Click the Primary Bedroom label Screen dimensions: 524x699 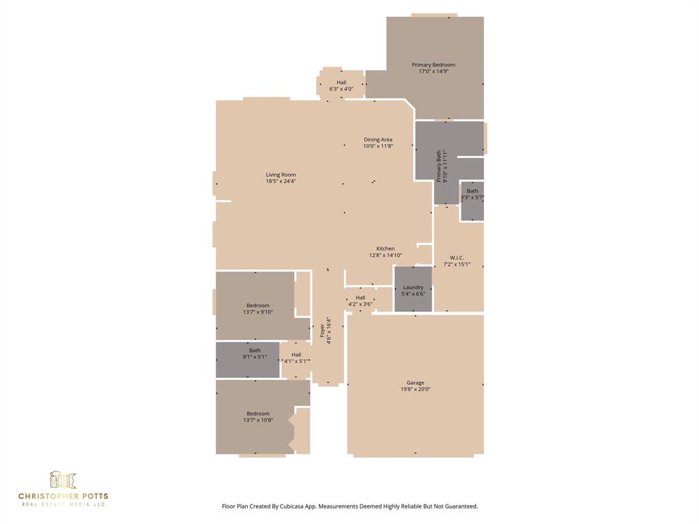433,65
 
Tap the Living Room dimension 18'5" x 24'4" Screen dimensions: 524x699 281,181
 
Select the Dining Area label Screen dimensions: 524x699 377,139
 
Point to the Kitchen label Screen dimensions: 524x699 386,248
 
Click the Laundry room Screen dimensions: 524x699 413,290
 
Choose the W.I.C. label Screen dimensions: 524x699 457,257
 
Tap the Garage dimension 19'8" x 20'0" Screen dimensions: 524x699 415,390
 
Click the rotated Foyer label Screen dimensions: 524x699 322,330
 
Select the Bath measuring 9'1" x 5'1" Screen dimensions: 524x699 254,353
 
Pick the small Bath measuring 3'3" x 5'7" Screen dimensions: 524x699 472,194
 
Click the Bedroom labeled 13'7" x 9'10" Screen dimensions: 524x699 257,308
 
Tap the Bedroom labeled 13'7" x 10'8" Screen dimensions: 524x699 257,416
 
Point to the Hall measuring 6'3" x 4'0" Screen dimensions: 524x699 341,85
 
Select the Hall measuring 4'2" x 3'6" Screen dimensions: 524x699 360,300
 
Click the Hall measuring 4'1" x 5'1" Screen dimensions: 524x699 296,358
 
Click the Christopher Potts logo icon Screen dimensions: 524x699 63,480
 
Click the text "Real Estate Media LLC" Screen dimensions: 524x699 63,504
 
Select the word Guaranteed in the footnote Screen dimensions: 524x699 460,506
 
